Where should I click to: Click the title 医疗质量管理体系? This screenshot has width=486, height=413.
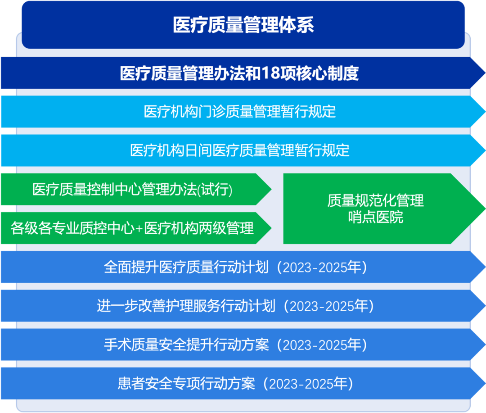tap(243, 25)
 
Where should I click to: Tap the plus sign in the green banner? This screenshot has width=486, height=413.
tap(139, 229)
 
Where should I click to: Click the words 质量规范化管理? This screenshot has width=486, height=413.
tap(375, 200)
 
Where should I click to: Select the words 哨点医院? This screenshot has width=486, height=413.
tap(375, 217)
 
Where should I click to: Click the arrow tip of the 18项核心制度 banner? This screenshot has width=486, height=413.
tap(485, 73)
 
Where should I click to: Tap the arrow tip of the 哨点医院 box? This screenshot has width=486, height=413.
tap(485, 209)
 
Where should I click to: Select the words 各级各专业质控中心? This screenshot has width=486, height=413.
tap(72, 228)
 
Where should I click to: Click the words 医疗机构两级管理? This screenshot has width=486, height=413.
tap(199, 228)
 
